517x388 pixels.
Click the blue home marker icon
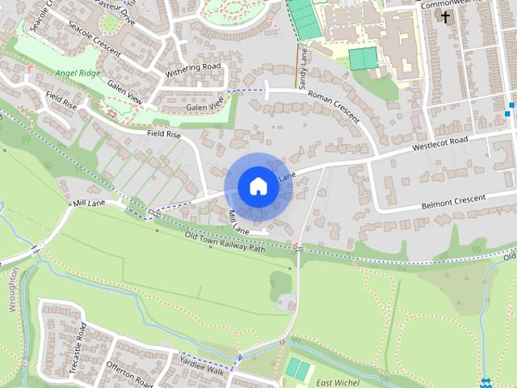258,186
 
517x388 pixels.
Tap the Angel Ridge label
79,73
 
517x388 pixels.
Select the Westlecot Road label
440,144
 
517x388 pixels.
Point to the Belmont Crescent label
452,202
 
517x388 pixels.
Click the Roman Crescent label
333,105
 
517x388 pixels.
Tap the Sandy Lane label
302,69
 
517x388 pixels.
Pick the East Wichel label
337,382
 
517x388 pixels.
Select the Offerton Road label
128,373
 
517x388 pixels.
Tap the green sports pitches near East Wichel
298,369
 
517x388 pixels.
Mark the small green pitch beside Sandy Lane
363,58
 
